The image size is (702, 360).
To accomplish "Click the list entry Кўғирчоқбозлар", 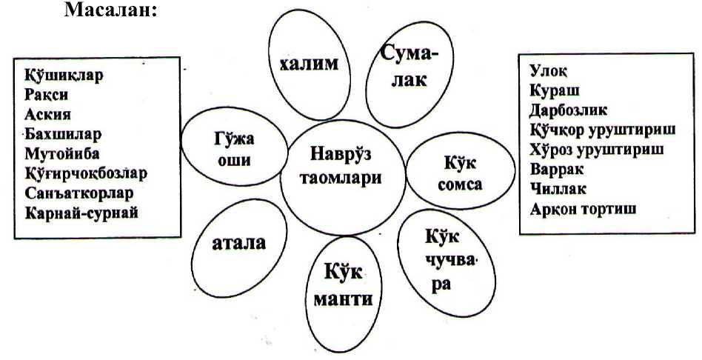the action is (85, 173).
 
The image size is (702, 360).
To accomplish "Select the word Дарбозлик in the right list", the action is (568, 110).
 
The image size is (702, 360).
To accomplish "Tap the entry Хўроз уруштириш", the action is (597, 149).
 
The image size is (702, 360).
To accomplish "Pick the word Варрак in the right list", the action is (557, 169).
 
